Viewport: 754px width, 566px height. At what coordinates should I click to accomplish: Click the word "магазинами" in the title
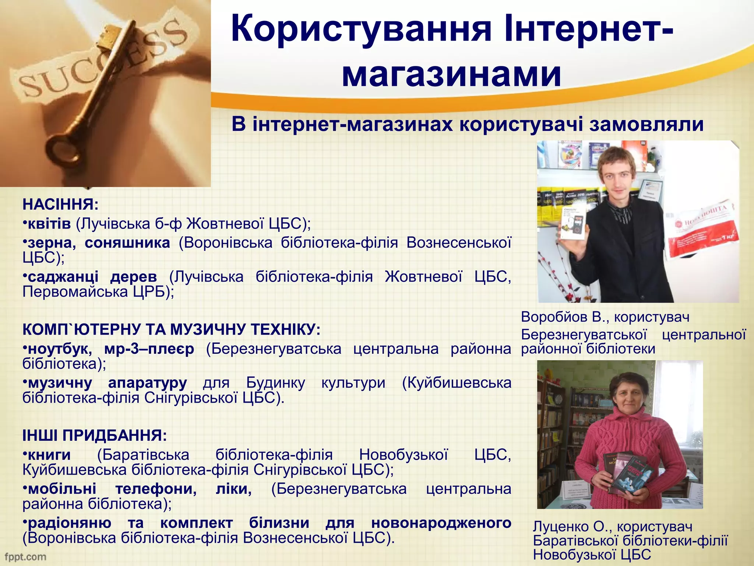point(451,74)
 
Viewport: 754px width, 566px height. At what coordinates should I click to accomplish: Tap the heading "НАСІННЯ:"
point(60,205)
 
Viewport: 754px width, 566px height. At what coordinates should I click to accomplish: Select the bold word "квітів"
point(49,224)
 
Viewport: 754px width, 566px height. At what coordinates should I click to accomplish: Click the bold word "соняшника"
point(127,243)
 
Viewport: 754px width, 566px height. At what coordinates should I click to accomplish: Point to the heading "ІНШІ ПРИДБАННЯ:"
point(95,436)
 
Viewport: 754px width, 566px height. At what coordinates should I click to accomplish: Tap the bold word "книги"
point(49,455)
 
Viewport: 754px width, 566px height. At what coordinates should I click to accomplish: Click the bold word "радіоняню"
point(69,523)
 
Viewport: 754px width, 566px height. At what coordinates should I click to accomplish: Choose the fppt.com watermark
point(25,557)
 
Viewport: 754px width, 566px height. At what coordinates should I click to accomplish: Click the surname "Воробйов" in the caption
point(554,317)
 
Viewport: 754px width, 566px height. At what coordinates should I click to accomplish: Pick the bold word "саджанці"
point(63,277)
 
